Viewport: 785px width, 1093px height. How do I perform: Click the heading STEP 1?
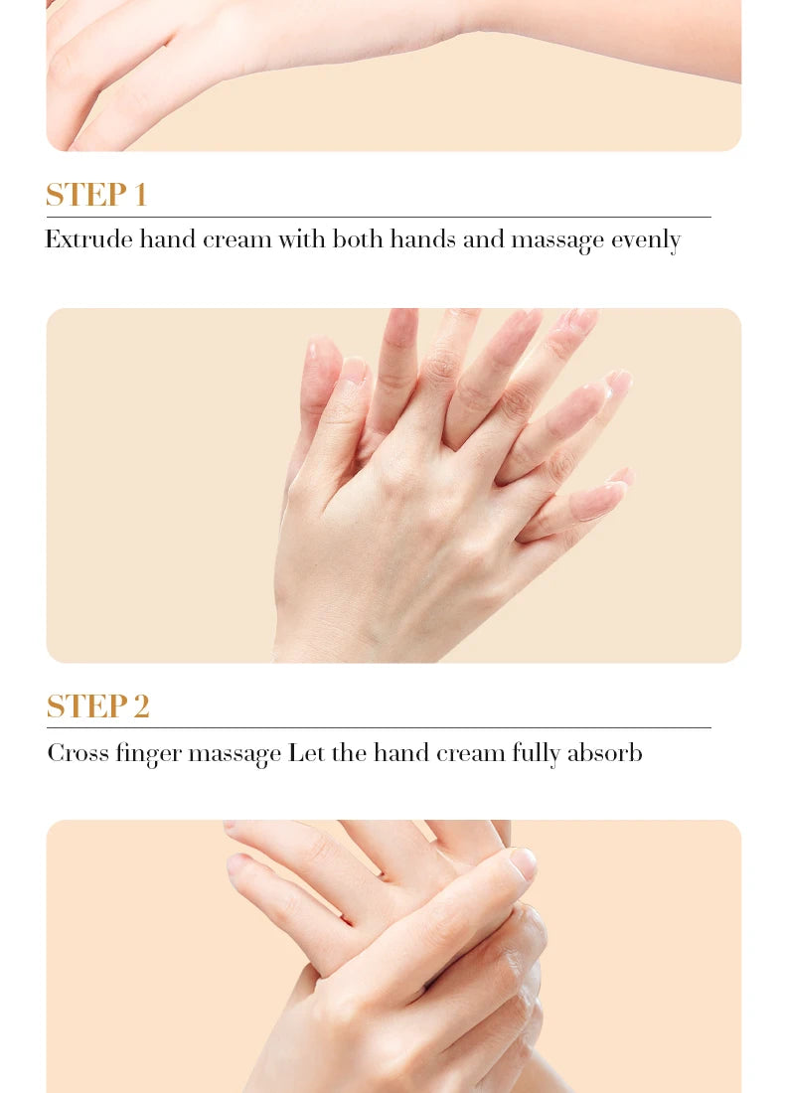pos(96,195)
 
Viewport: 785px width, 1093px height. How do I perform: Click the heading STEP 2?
pos(97,706)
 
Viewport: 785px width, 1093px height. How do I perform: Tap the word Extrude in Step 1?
pos(87,239)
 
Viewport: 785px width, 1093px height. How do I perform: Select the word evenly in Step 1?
pos(645,240)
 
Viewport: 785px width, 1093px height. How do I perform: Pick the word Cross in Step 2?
pos(78,753)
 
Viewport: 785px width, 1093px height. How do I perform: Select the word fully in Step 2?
pos(536,754)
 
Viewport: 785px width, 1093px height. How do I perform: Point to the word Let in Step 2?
pos(306,753)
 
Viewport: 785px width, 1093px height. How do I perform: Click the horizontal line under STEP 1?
pos(378,217)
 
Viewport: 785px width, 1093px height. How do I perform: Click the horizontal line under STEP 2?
pos(378,727)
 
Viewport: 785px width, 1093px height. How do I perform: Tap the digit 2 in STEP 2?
pos(140,706)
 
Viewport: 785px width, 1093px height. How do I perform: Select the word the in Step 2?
pos(349,753)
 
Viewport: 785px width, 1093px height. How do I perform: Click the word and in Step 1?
pos(484,239)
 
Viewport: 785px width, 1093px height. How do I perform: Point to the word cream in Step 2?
pos(472,753)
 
